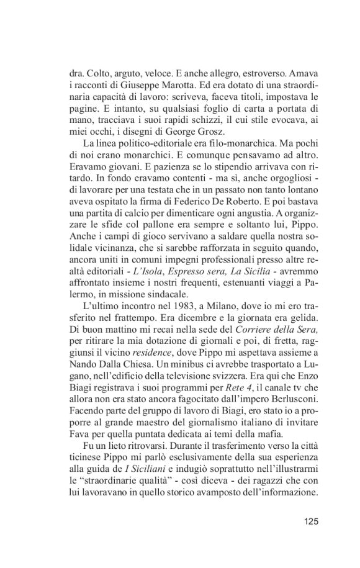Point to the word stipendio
click(x=225, y=190)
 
